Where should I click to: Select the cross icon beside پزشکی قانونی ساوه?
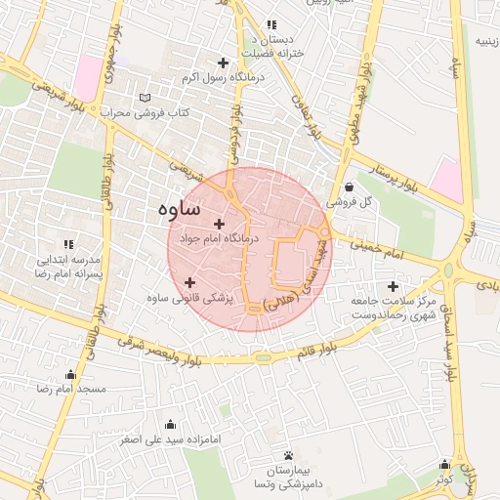tap(189, 283)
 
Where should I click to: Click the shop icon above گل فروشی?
tap(350, 187)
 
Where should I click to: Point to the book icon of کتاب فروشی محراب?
tap(146, 98)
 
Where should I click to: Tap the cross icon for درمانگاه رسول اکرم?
tap(224, 62)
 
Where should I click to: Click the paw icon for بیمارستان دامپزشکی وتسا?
tap(287, 456)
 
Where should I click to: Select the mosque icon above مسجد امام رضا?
tap(69, 375)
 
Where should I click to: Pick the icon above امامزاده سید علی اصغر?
tap(172, 424)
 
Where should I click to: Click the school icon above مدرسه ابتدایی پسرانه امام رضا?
tap(67, 244)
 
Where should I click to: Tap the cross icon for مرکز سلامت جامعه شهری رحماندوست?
tap(394, 287)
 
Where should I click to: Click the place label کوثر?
tap(445, 479)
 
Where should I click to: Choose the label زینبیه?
tap(485, 42)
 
